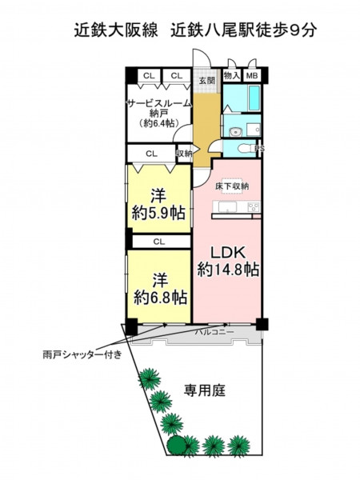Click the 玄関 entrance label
coord(207,81)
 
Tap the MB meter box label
coord(252,75)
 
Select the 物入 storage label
coord(232,75)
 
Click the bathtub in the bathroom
coord(254,98)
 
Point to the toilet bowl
coord(245,149)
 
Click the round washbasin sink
coord(236,132)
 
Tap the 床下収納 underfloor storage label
coord(232,186)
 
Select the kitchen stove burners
coord(254,206)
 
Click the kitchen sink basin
coord(227,207)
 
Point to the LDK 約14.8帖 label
coord(228,261)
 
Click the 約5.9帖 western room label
coord(158,213)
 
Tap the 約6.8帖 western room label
coord(161,297)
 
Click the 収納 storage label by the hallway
coord(184,153)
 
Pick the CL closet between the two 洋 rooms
coord(159,242)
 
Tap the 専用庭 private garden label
coord(205,390)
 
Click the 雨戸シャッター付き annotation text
coord(82,354)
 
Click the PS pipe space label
coord(260,149)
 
